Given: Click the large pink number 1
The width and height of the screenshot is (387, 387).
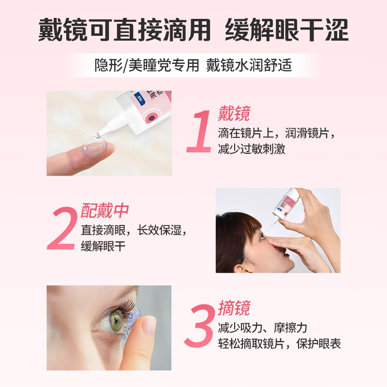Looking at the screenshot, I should (x=199, y=132).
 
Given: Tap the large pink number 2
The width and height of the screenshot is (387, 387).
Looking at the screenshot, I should (x=62, y=228).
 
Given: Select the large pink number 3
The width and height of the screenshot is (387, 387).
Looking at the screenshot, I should (x=199, y=325).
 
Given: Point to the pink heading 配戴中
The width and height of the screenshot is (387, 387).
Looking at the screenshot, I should (x=104, y=211).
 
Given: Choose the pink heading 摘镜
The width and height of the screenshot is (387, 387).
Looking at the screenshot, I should (x=234, y=308).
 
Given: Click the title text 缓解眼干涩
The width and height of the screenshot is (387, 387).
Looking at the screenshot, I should (x=287, y=30).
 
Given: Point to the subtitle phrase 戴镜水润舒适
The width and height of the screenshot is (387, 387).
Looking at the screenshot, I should (x=249, y=65).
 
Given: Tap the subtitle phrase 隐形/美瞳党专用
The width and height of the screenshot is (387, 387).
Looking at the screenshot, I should (x=147, y=65).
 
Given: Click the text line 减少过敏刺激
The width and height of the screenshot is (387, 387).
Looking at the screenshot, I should (x=252, y=149).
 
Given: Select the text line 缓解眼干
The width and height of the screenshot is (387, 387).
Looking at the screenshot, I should (x=103, y=246).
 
